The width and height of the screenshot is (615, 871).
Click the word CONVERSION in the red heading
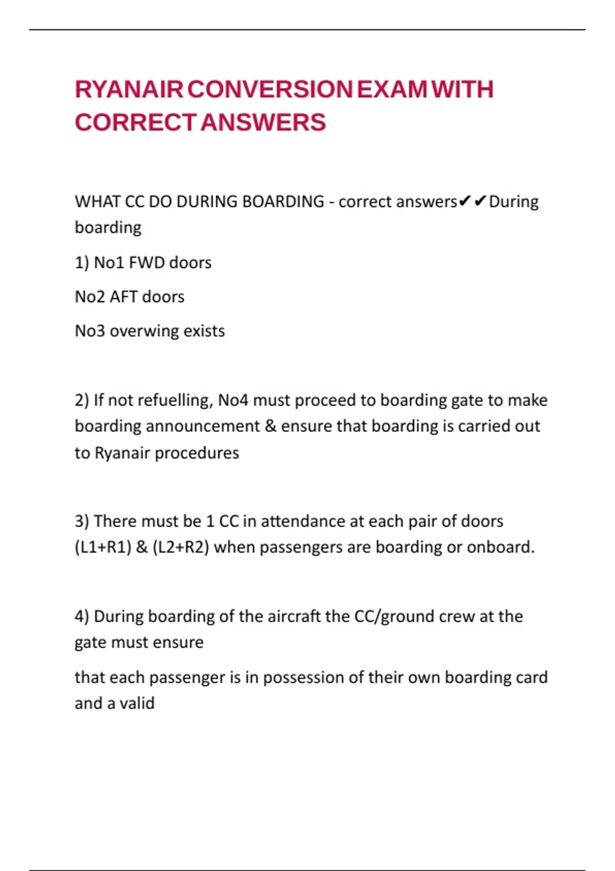[270, 90]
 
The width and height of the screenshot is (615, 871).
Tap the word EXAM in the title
[392, 90]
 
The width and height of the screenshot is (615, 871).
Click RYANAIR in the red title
[129, 90]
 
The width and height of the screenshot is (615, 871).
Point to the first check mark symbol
[464, 201]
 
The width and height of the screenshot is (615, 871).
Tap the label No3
[90, 331]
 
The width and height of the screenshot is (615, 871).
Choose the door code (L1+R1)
[103, 547]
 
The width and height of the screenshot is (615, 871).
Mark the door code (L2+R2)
[181, 547]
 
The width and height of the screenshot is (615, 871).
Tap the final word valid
[137, 703]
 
